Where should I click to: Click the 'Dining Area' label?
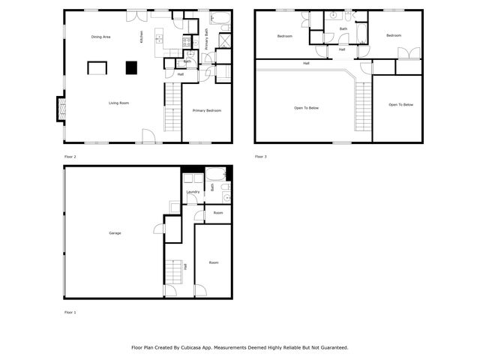101,37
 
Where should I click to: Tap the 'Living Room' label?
119,103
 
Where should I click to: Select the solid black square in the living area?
131,67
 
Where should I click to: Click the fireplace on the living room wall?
59,109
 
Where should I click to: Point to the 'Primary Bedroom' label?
206,110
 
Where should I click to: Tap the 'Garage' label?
115,233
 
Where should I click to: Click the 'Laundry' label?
193,192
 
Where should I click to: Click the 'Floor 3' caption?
260,157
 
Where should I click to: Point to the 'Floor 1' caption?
70,312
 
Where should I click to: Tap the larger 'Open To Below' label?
306,108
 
